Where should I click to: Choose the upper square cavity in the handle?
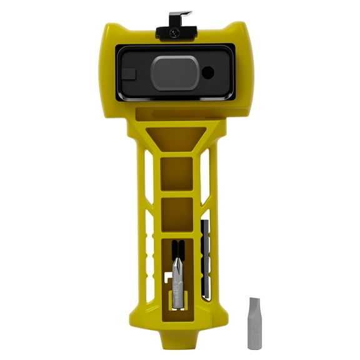click(x=176, y=172)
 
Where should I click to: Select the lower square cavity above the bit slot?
click(x=176, y=213)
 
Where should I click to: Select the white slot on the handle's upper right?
click(x=206, y=181)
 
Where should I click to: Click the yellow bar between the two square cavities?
click(x=176, y=193)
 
